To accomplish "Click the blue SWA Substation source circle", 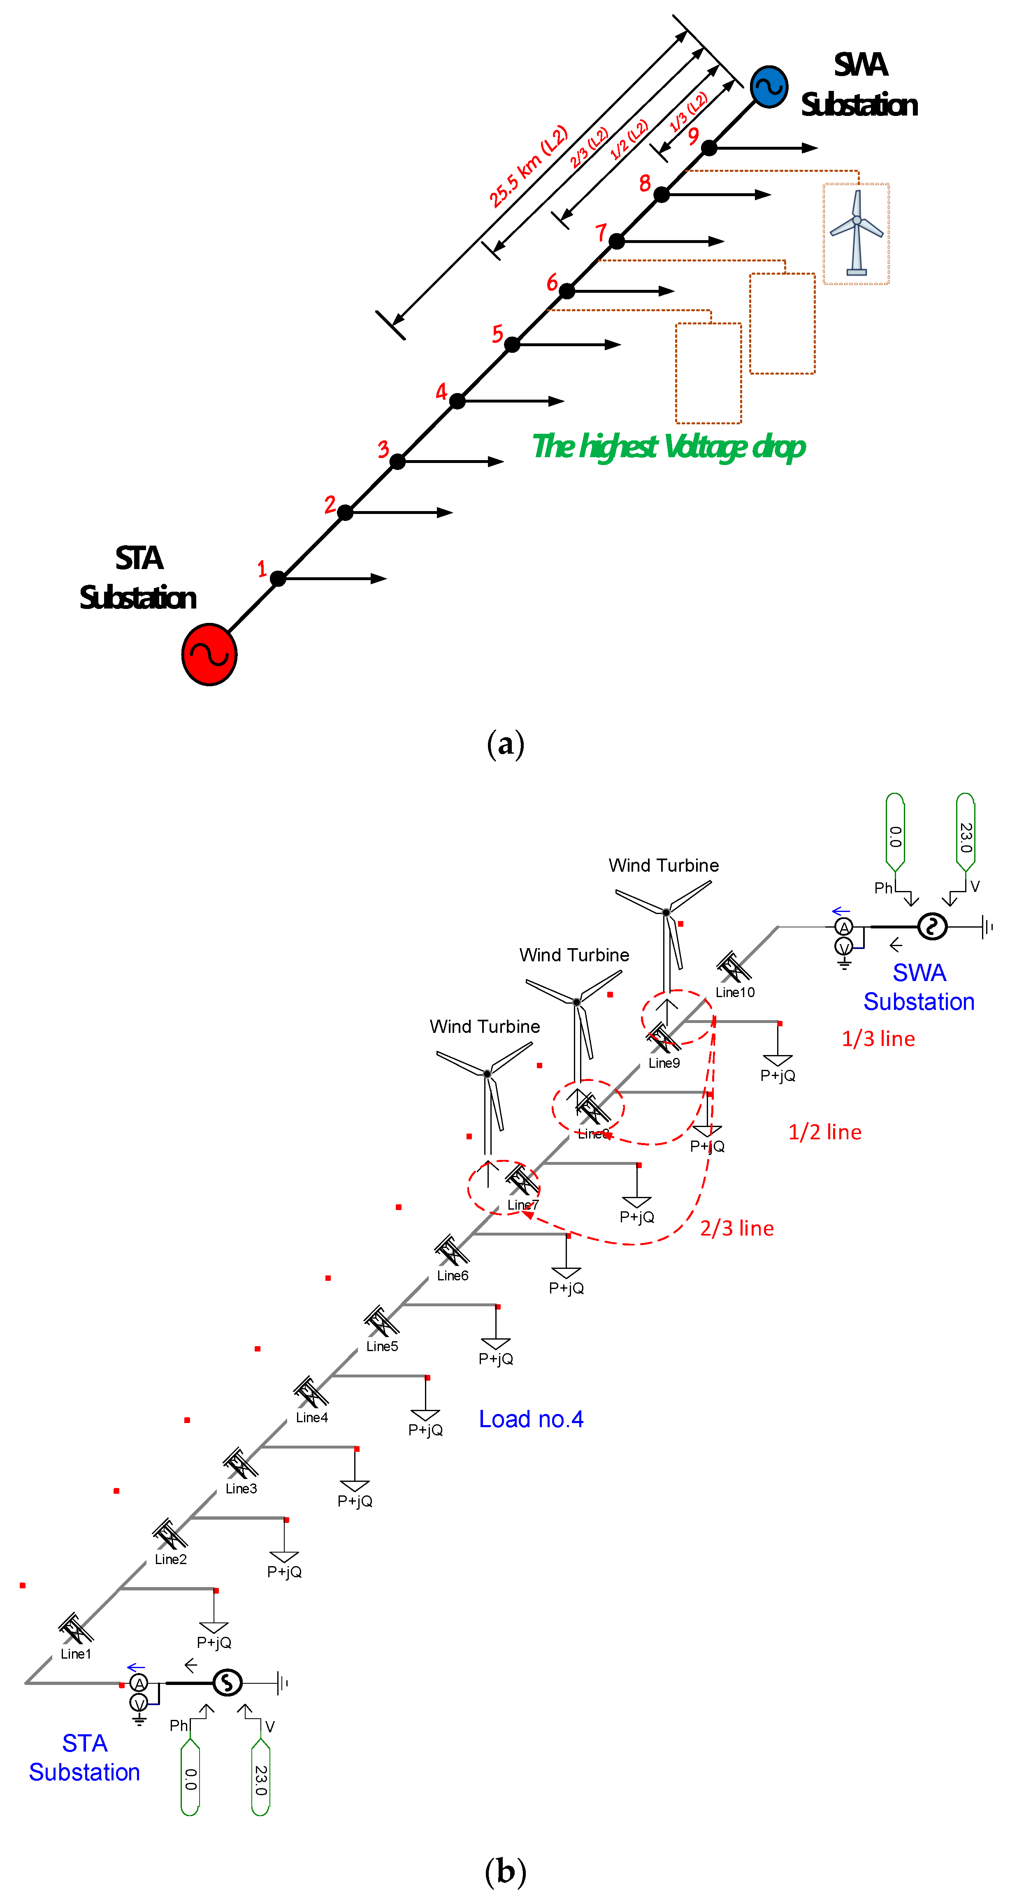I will pyautogui.click(x=769, y=87).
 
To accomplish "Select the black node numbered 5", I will pyautogui.click(x=512, y=345).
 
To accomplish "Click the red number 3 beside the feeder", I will pyautogui.click(x=383, y=449).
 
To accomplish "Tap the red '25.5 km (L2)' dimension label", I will pyautogui.click(x=528, y=166).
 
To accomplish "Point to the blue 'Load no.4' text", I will pyautogui.click(x=531, y=1419).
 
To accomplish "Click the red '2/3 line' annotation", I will pyautogui.click(x=737, y=1228).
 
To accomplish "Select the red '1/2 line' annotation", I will pyautogui.click(x=825, y=1132).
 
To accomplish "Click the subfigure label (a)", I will pyautogui.click(x=505, y=743).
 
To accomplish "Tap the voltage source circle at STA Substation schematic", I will pyautogui.click(x=227, y=1682).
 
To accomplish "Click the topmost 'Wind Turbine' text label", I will pyautogui.click(x=663, y=865).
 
